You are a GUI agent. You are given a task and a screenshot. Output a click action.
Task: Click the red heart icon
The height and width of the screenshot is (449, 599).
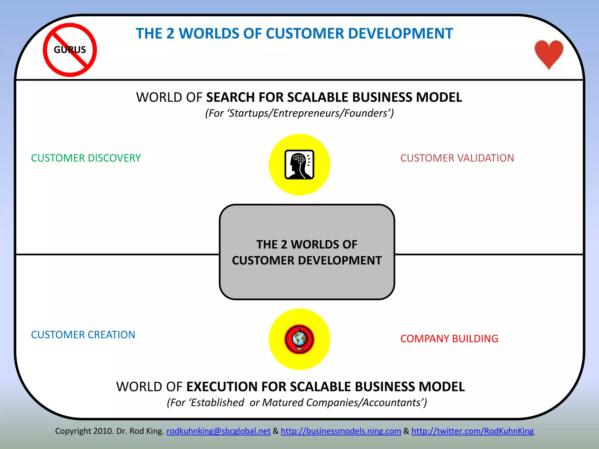coord(549,53)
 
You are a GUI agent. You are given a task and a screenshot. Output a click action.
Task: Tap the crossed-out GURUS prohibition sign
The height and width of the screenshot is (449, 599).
coord(70,50)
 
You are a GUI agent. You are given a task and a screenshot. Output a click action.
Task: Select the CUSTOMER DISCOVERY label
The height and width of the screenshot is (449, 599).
coord(86,158)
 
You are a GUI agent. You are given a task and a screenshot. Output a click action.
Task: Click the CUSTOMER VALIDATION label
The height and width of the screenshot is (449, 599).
coord(457,158)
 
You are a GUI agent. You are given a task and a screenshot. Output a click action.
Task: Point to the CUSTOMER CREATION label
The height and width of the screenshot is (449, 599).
coord(83,335)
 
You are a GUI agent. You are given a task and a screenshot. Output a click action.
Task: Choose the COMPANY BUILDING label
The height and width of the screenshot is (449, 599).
coord(449,339)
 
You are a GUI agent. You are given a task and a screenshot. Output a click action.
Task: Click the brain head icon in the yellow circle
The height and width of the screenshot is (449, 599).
coord(299,165)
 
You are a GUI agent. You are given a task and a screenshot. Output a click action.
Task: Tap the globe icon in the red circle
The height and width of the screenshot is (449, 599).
coord(299,339)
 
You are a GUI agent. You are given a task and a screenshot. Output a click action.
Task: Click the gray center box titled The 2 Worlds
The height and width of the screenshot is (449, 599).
coord(307,252)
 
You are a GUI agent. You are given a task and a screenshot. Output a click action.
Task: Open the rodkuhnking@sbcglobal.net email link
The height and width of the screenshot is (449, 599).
coord(218,431)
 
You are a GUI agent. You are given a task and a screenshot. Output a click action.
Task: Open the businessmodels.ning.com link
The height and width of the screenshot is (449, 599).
coord(341,431)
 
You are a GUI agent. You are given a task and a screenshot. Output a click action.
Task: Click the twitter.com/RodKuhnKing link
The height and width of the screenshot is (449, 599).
coord(472,431)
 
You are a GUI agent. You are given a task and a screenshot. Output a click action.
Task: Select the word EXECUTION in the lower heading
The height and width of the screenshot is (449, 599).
coord(222,387)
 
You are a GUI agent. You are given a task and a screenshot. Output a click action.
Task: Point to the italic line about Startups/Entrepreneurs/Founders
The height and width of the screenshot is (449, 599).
coord(299,113)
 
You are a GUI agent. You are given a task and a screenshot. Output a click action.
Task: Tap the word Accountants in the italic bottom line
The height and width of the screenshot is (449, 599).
coord(392,403)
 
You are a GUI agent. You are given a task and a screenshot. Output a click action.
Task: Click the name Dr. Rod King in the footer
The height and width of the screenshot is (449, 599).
coord(140,431)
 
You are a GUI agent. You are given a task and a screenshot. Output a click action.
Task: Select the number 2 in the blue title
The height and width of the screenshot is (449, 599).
coord(170,34)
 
